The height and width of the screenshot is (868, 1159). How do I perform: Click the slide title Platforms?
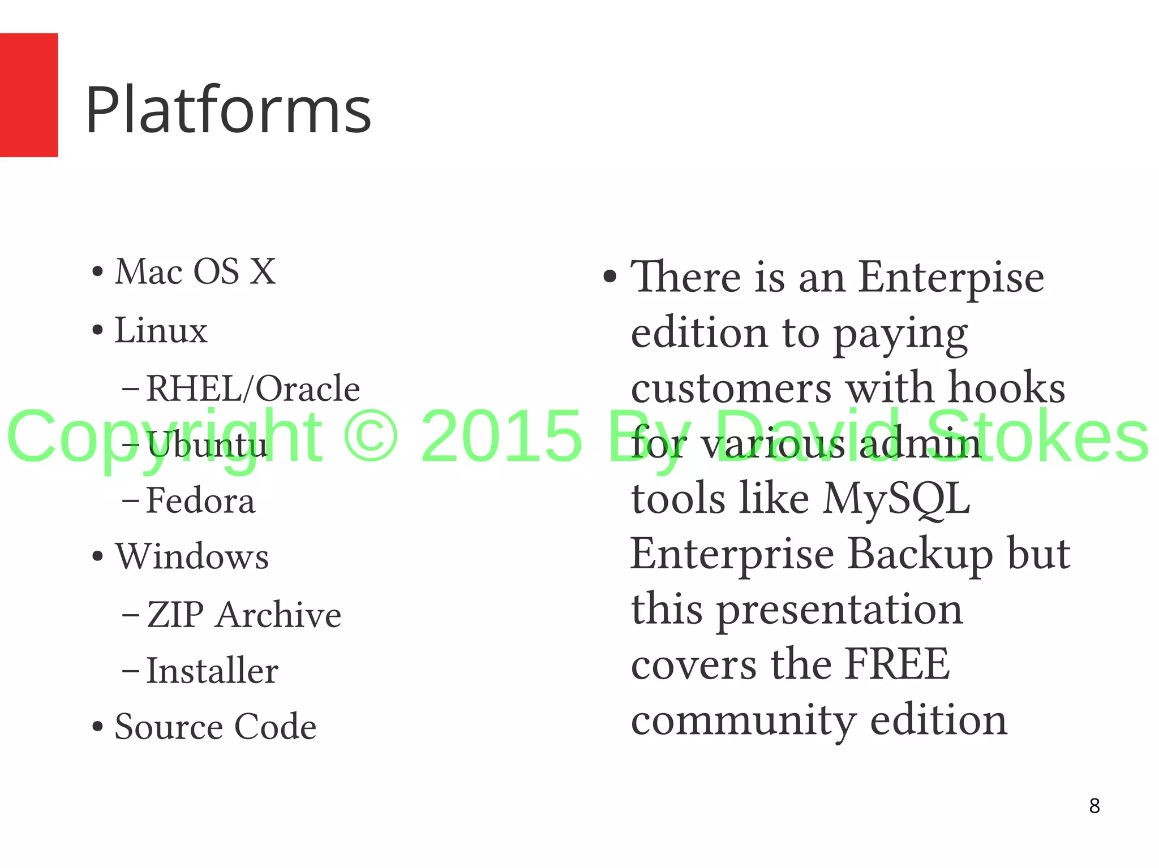(x=228, y=110)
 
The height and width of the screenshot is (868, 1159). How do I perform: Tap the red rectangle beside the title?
(x=28, y=95)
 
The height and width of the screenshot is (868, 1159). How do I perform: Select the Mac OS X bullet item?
(x=195, y=272)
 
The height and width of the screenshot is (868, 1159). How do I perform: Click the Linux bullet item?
(x=161, y=331)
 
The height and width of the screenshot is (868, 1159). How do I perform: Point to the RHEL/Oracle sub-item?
(x=252, y=389)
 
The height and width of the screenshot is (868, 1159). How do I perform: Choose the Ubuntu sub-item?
(x=207, y=445)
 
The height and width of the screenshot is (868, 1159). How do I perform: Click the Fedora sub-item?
(x=200, y=501)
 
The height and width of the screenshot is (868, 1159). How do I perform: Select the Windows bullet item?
(x=192, y=557)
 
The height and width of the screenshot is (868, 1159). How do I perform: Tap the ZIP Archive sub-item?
(x=244, y=615)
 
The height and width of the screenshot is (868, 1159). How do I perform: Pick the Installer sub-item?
(x=212, y=671)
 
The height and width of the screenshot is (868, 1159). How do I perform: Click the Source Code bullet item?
(x=215, y=727)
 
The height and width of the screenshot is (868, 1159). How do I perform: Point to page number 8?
(x=1094, y=806)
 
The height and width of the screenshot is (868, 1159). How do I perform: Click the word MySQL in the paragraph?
(x=896, y=499)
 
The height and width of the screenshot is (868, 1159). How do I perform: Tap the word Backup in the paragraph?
(x=920, y=554)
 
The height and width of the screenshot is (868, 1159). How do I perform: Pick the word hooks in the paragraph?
(x=1007, y=388)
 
